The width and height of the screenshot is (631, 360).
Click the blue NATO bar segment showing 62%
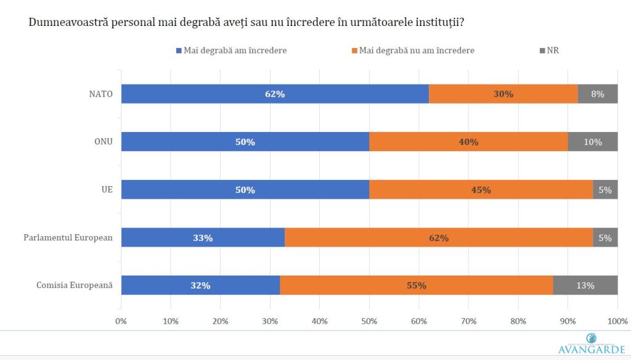tap(275, 94)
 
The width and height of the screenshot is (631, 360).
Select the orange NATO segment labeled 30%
tap(503, 94)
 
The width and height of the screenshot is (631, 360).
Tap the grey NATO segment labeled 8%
tap(598, 94)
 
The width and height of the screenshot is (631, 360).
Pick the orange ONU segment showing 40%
tap(468, 142)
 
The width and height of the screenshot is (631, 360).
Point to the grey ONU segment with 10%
tap(593, 142)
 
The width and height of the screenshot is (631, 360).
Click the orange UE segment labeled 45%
tap(481, 190)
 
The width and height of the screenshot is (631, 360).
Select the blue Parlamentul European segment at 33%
tap(203, 237)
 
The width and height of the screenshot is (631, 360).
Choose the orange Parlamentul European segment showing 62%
tap(439, 237)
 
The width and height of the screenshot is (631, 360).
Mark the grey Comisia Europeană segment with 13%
tap(585, 285)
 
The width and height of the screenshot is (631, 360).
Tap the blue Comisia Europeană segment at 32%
tap(200, 285)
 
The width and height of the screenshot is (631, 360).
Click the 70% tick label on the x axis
tap(469, 321)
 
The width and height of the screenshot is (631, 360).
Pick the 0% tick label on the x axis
tap(121, 321)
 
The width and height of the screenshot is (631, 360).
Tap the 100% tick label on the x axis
tap(617, 321)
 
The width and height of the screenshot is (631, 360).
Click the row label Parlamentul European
tap(68, 237)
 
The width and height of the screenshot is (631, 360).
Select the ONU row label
tap(102, 142)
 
